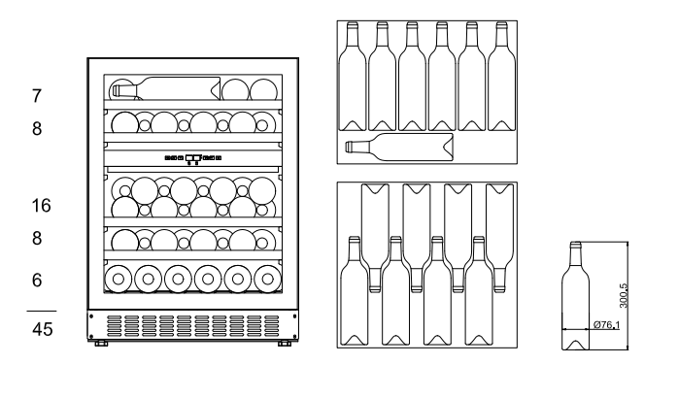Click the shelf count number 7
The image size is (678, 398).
[37, 96]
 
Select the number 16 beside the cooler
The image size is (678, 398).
[41, 205]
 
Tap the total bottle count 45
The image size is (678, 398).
[43, 329]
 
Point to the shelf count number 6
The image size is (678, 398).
[37, 280]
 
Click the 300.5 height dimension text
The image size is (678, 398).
[623, 296]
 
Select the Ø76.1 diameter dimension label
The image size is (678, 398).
[607, 324]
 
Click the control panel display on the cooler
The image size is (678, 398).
[193, 158]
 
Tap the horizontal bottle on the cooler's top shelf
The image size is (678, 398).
[166, 88]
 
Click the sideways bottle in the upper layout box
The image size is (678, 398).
[399, 147]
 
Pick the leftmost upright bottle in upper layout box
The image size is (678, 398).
[353, 76]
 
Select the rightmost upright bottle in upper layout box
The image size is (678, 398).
[501, 76]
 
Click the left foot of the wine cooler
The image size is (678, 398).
[101, 343]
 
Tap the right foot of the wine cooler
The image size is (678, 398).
[284, 343]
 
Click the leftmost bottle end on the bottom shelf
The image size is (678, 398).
[119, 279]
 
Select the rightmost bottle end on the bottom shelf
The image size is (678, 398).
[268, 279]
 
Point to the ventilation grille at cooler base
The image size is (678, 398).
[193, 325]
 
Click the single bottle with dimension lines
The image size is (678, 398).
[575, 295]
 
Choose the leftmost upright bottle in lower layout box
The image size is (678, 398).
[355, 291]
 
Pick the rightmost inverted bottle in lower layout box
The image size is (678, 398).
[500, 238]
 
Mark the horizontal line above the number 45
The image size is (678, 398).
[42, 311]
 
